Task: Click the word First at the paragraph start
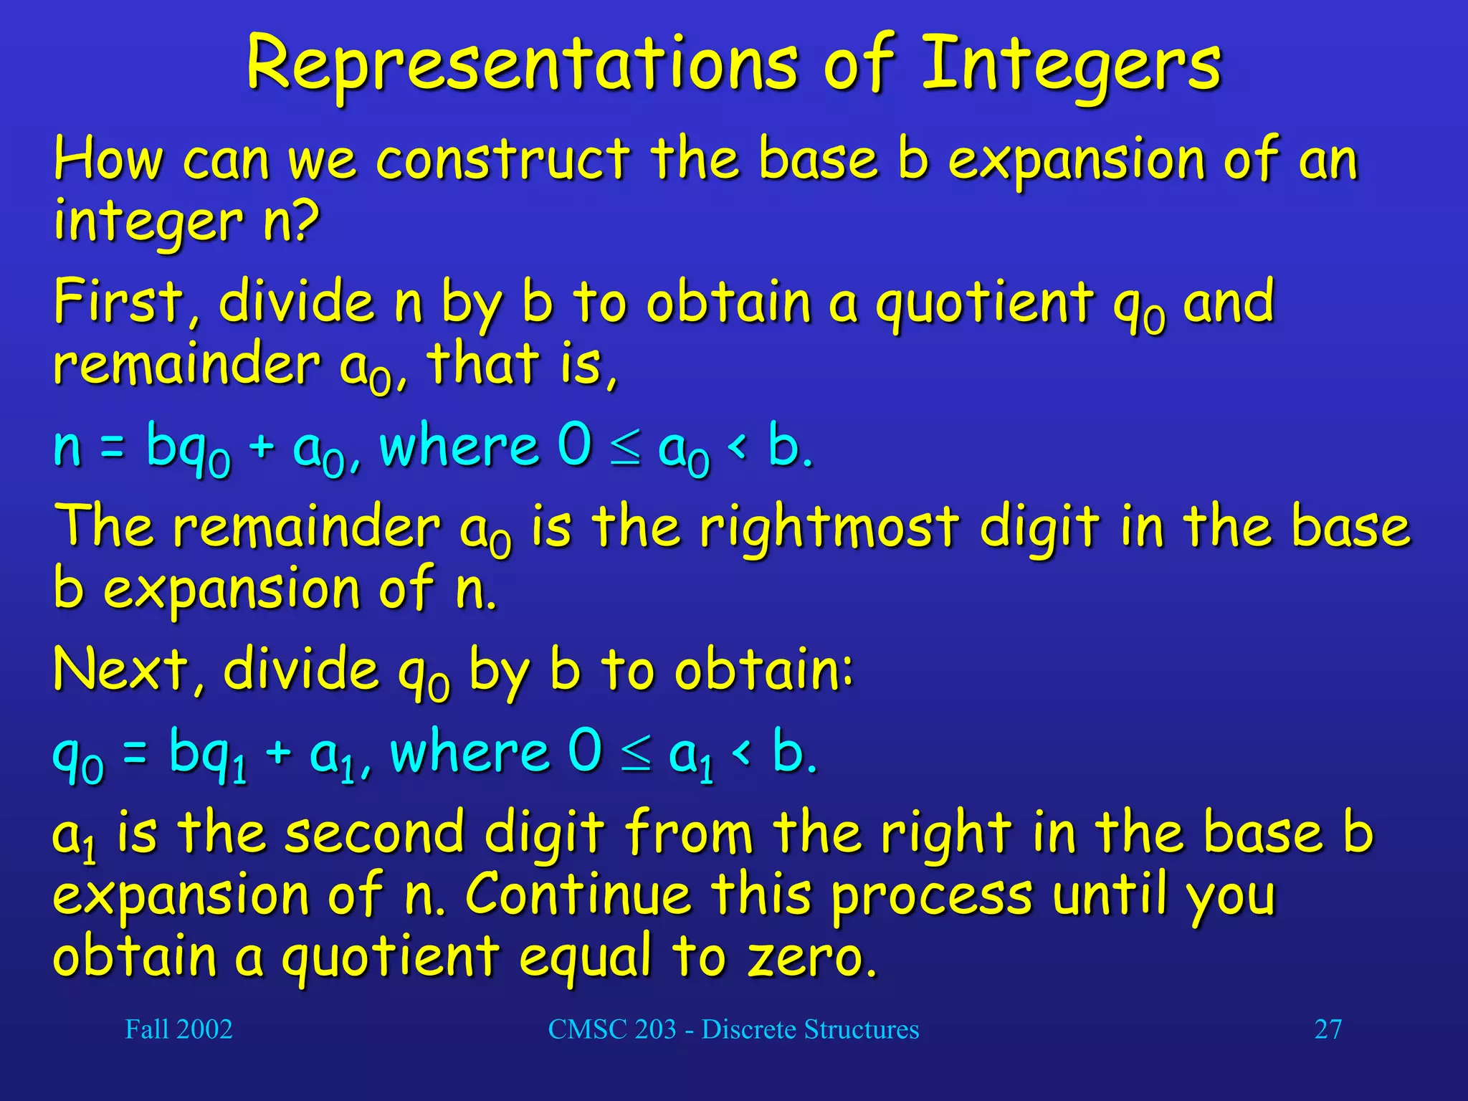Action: (118, 302)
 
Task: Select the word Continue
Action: (578, 895)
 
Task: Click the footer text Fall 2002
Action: (178, 1029)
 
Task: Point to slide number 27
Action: (1328, 1029)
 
